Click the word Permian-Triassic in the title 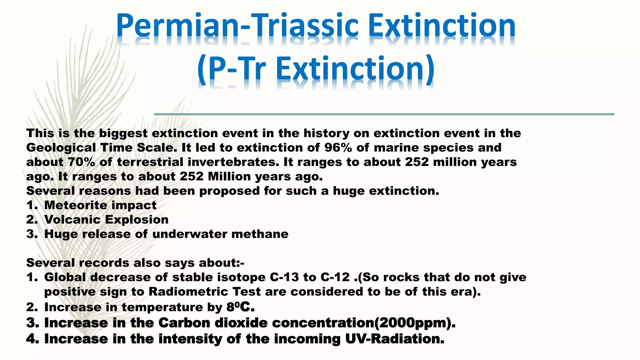[237, 27]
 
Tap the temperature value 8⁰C [240, 307]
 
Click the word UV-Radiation [395, 339]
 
